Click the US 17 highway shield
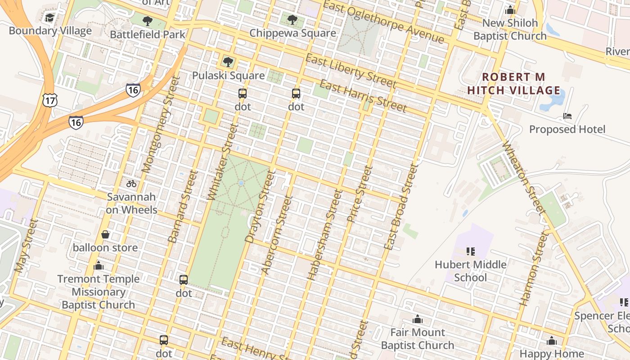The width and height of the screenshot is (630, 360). (49, 100)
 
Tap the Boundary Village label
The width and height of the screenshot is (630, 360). (50, 31)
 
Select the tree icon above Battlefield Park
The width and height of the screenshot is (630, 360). (147, 21)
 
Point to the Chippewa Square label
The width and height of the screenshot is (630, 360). (292, 33)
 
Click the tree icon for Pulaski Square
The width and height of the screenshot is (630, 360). (228, 62)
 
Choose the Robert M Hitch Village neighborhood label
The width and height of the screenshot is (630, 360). (513, 84)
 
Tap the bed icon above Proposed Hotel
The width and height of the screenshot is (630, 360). (567, 116)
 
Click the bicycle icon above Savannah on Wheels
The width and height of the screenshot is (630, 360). (131, 184)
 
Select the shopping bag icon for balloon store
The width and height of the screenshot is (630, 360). (105, 234)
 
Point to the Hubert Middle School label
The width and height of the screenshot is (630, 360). (470, 271)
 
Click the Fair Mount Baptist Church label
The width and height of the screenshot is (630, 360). (417, 339)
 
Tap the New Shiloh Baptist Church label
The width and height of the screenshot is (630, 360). (510, 29)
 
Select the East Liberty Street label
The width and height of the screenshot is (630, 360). (351, 71)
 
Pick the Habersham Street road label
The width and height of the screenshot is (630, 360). (324, 235)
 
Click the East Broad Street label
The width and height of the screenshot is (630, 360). (401, 207)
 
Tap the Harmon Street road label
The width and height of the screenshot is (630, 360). (534, 269)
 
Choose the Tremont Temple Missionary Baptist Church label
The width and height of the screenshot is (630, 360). (98, 292)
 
